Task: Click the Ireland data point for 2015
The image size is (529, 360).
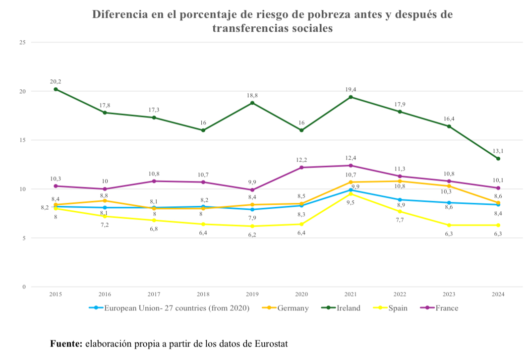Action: (56, 89)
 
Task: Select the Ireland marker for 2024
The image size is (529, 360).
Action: (498, 159)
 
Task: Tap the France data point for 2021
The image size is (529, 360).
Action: (351, 166)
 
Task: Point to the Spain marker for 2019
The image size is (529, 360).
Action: (252, 226)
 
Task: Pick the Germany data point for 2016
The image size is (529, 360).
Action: (105, 201)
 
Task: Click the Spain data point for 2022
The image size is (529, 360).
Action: (400, 212)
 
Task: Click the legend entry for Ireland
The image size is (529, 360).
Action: (342, 308)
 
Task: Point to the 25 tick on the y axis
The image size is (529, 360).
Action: (22, 43)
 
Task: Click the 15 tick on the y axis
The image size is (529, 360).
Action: (22, 140)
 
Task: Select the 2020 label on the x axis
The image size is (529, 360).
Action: (301, 295)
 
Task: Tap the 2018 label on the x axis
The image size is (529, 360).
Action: (203, 295)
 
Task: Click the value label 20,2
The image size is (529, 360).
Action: (56, 81)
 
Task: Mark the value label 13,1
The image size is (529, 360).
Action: (498, 151)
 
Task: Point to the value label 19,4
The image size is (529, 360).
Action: (351, 89)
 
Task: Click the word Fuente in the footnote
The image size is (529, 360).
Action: (66, 343)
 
